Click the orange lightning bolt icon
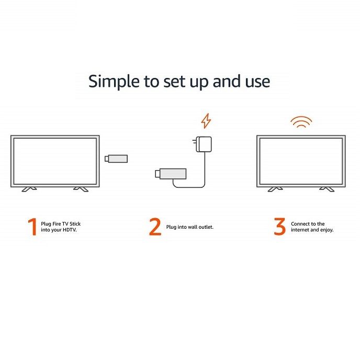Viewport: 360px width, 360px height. point(206,121)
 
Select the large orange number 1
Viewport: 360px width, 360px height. point(32,227)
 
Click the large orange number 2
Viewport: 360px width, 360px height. point(155,227)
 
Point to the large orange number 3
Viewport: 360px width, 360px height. point(279,227)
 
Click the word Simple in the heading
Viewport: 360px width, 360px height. point(114,82)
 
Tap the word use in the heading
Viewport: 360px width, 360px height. point(257,83)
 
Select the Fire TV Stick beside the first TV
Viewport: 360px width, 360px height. point(116,159)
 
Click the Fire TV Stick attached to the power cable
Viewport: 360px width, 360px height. point(171,174)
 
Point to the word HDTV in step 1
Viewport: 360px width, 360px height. point(70,230)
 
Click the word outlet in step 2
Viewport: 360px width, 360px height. point(206,227)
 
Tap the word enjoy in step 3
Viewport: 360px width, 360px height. point(327,230)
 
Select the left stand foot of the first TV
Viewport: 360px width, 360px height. point(29,189)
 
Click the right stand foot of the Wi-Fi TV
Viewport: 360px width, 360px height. point(327,189)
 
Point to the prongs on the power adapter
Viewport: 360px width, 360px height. point(195,141)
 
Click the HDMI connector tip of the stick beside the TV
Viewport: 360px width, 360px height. point(107,159)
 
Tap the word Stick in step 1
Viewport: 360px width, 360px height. point(75,224)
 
